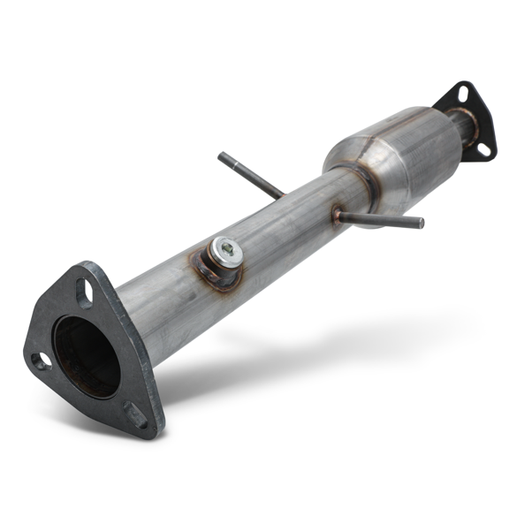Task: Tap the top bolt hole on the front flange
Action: click(84, 292)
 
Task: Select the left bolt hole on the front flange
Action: click(41, 360)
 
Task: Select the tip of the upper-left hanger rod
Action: click(222, 157)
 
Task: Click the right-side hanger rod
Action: click(380, 217)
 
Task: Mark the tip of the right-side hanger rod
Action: click(420, 223)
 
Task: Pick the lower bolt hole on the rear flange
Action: click(482, 149)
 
